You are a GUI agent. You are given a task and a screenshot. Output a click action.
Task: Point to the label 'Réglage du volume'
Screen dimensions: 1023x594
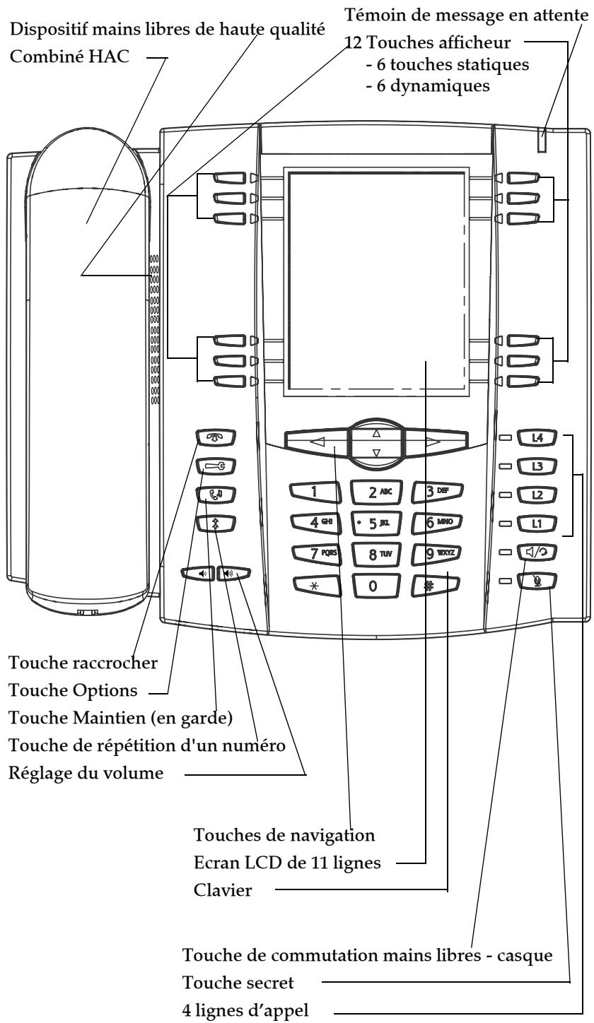click(x=86, y=774)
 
